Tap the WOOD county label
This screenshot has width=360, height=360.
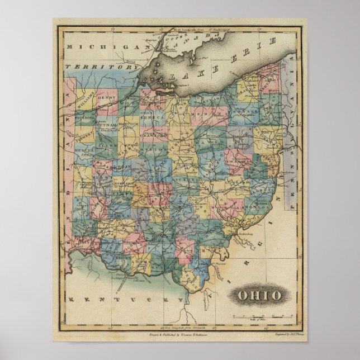pos(130,104)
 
